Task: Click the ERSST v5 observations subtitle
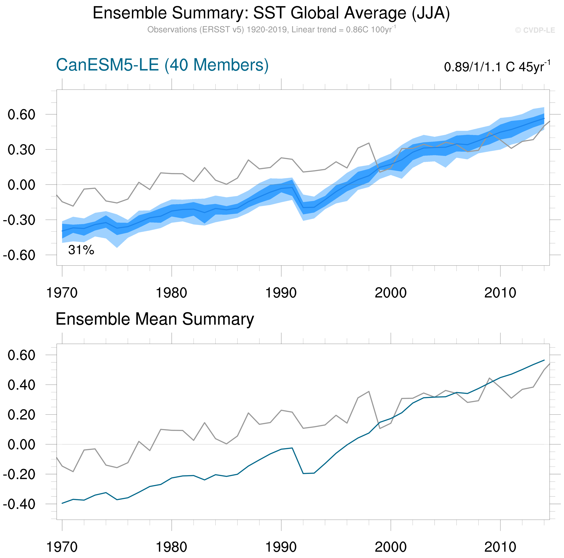point(271,30)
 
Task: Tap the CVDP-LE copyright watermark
point(535,30)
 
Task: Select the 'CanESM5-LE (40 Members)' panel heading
point(162,65)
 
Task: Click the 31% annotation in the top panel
point(81,250)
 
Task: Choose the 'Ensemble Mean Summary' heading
point(155,319)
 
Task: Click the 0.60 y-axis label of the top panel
point(21,115)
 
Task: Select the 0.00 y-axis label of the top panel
point(21,185)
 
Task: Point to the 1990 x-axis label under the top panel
point(281,293)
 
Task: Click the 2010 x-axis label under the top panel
point(500,293)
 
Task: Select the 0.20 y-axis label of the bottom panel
point(21,415)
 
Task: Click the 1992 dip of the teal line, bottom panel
point(303,473)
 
